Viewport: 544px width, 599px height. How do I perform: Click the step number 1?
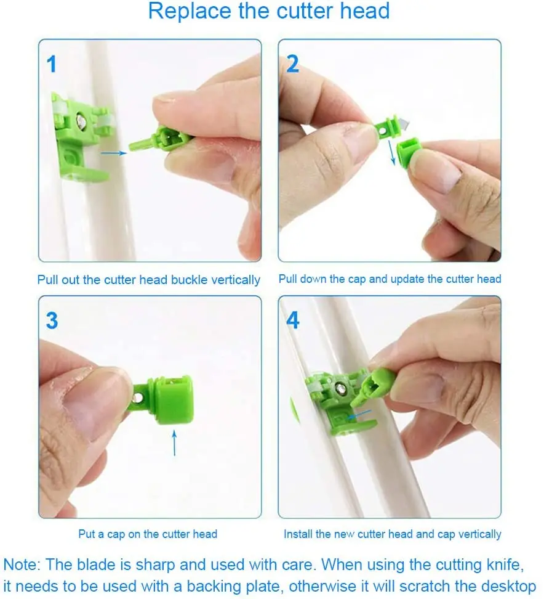tap(52, 63)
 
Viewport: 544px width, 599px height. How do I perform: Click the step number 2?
tap(292, 63)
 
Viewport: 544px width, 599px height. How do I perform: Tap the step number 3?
tap(52, 320)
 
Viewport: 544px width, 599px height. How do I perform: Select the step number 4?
tap(293, 320)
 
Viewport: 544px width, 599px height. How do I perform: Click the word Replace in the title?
tap(185, 11)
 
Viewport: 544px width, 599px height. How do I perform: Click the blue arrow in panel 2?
tap(390, 149)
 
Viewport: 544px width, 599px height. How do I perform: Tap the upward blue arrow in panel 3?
tap(174, 442)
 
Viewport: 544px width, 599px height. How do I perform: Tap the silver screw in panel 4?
tap(340, 388)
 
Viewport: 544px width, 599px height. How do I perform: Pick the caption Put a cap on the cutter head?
tap(148, 534)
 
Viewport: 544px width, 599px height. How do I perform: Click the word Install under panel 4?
tap(298, 534)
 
